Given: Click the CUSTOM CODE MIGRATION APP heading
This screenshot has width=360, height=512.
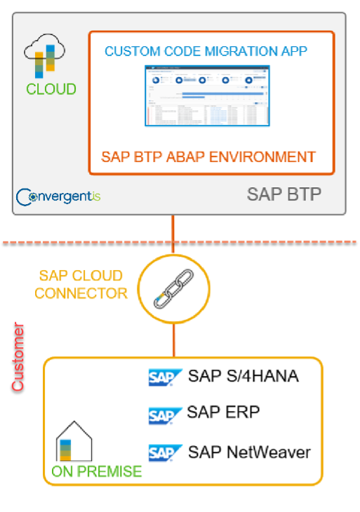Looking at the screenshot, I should point(206,51).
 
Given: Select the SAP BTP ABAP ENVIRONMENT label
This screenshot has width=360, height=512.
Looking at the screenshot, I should point(208,156).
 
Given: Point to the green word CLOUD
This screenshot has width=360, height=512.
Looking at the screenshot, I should point(51,90).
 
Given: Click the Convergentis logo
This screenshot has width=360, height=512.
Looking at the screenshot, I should point(58,196).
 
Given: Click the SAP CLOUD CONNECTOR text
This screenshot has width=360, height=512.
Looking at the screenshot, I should point(81,285).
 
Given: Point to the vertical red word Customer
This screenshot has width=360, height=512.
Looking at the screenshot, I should point(19,358).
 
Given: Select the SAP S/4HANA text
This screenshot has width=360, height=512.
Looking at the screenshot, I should point(243,377).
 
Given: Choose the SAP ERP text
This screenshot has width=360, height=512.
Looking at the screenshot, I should point(223,412).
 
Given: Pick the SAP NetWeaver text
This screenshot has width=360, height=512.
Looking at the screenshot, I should point(248,452).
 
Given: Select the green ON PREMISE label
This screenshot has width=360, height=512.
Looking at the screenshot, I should point(96,472).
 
